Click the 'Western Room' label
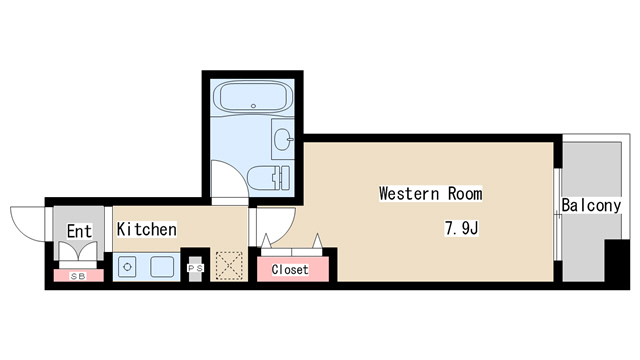pos(430,193)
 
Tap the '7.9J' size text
pos(462,228)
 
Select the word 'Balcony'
pos(591,206)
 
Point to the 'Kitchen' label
pos(147,229)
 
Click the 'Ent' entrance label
pos(79,232)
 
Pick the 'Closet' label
pos(290,269)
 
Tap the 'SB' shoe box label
pos(77,275)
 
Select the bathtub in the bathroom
pos(253,99)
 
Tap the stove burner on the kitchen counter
pos(127,267)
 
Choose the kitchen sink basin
pos(161,267)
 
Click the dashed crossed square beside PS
pos(231,265)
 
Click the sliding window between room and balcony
pos(556,211)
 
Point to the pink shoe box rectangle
pos(77,275)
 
